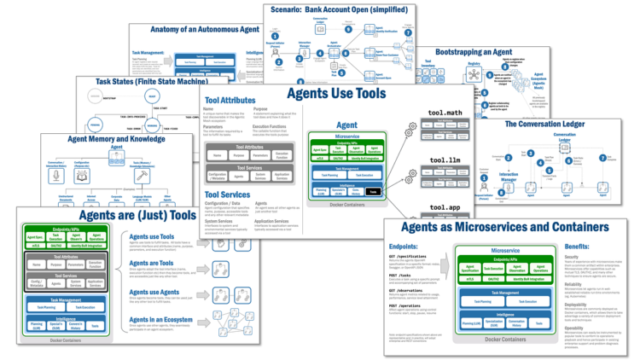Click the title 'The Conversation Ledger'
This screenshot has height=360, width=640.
pos(557,125)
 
